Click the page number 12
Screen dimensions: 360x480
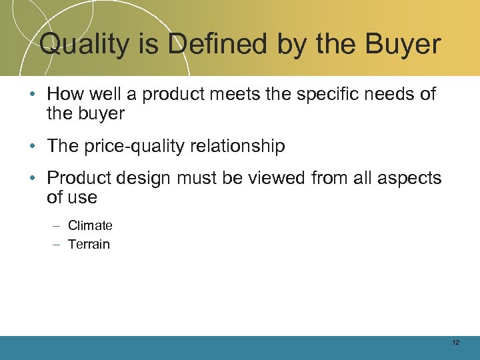[455, 343]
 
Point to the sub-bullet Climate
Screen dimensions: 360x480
[90, 225]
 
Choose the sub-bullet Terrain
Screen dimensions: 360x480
[89, 244]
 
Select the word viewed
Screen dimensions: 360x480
[272, 178]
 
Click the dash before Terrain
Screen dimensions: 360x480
[55, 244]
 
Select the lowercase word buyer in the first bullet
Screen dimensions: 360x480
[101, 114]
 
